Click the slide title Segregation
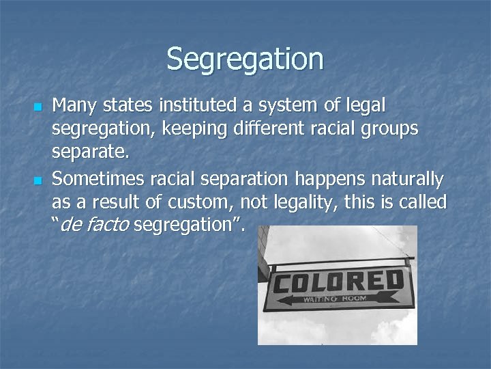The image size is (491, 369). pyautogui.click(x=245, y=59)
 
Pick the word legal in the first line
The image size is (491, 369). pyautogui.click(x=366, y=106)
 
